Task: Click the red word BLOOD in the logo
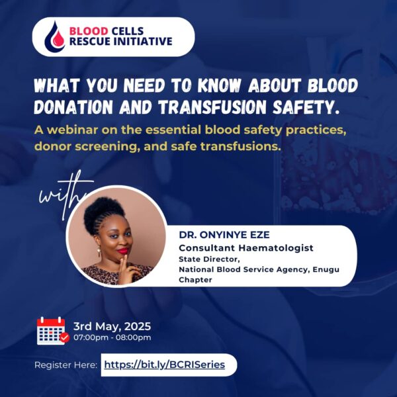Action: coord(89,31)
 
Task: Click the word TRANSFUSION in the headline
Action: coord(212,107)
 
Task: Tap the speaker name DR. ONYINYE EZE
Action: coord(224,235)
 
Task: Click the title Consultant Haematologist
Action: coord(246,247)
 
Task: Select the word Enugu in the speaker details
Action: coord(326,270)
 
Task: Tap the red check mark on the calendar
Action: coord(65,337)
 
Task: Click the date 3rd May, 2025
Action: coord(112,326)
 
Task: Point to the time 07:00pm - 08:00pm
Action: coord(112,337)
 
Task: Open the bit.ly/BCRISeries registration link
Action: coord(165,365)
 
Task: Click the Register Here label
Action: coord(66,365)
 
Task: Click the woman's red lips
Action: coord(122,251)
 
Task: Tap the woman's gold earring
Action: coord(99,251)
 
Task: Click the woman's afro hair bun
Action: coord(102,212)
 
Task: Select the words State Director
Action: coord(209,259)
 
